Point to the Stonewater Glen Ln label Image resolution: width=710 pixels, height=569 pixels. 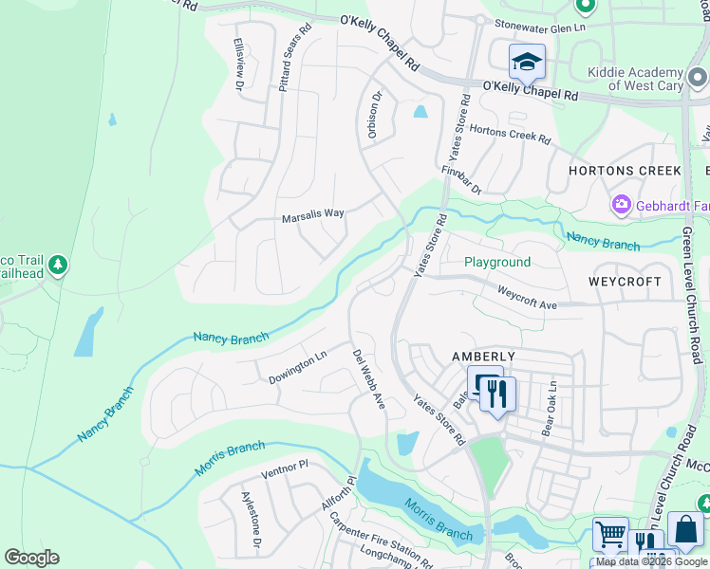point(540,28)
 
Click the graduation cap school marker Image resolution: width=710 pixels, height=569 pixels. point(527,63)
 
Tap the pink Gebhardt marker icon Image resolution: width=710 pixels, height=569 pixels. point(622,204)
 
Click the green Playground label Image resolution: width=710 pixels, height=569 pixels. point(496,262)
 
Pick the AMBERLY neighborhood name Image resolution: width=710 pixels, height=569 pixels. point(483,356)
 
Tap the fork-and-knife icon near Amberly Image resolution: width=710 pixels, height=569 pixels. point(497,393)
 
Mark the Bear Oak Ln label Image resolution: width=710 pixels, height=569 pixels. point(548,407)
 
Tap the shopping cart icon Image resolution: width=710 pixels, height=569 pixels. point(610,533)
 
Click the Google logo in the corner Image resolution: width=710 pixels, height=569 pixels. point(31,558)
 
